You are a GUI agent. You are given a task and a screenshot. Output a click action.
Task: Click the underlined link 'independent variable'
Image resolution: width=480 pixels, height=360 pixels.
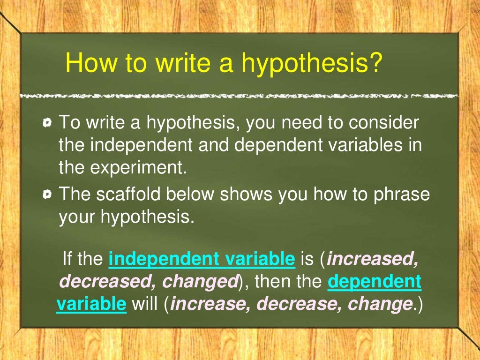coord(202,259)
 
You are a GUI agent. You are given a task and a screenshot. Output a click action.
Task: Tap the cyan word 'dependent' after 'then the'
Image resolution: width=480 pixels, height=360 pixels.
coord(374,282)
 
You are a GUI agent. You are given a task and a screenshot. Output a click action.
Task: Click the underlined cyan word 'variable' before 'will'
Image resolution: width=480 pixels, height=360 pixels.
coord(91,304)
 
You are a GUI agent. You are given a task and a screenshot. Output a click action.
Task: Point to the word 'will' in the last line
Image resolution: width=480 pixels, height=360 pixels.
coord(145,304)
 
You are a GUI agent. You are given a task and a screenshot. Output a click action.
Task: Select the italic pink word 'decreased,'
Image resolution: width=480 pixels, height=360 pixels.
coord(106,282)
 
